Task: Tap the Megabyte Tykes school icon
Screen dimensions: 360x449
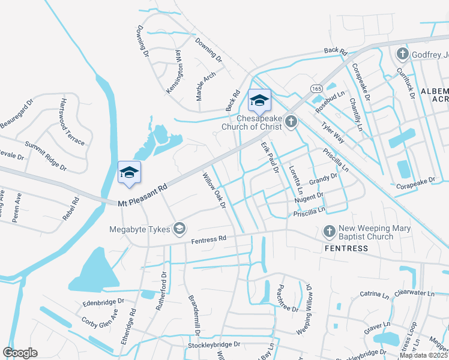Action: pos(179,228)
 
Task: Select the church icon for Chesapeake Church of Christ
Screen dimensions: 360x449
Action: pos(291,122)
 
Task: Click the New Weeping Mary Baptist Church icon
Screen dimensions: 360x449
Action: pos(329,231)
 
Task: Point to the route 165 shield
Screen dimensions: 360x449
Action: pos(316,88)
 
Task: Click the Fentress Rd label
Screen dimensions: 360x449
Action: pos(208,239)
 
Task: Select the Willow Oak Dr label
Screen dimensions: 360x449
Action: pos(213,190)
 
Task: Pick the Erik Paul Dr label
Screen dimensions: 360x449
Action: pos(270,158)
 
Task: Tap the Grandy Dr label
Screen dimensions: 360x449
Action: pos(324,179)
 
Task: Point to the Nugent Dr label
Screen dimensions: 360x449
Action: pos(309,197)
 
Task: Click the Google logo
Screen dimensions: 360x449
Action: pos(20,353)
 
